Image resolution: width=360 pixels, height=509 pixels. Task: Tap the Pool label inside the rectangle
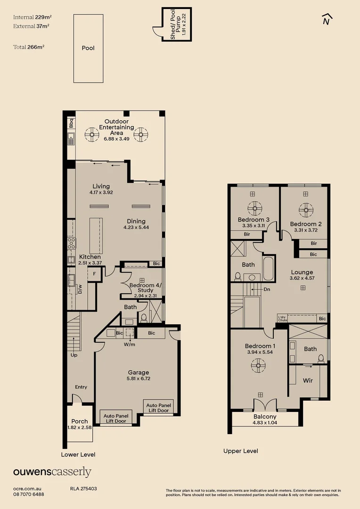pos(88,48)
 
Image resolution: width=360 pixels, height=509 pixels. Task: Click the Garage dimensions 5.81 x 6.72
pos(139,378)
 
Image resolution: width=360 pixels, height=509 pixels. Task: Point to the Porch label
pos(80,421)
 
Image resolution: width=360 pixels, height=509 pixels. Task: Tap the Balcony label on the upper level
pos(265,417)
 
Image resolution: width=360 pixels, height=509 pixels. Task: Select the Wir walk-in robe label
pos(308,380)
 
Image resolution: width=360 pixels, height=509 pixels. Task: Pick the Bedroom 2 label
pos(306,224)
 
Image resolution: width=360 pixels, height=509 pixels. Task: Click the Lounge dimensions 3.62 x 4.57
pos(302,279)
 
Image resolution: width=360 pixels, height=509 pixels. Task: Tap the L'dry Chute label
pos(282,318)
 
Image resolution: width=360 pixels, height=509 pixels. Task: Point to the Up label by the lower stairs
pos(74,355)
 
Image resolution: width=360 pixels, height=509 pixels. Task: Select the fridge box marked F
pos(95,273)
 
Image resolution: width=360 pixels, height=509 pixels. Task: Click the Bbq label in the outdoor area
pos(72,123)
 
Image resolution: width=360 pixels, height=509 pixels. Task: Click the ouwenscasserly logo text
pos(52,472)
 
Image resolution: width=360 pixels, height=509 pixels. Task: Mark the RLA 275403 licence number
pos(83,489)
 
